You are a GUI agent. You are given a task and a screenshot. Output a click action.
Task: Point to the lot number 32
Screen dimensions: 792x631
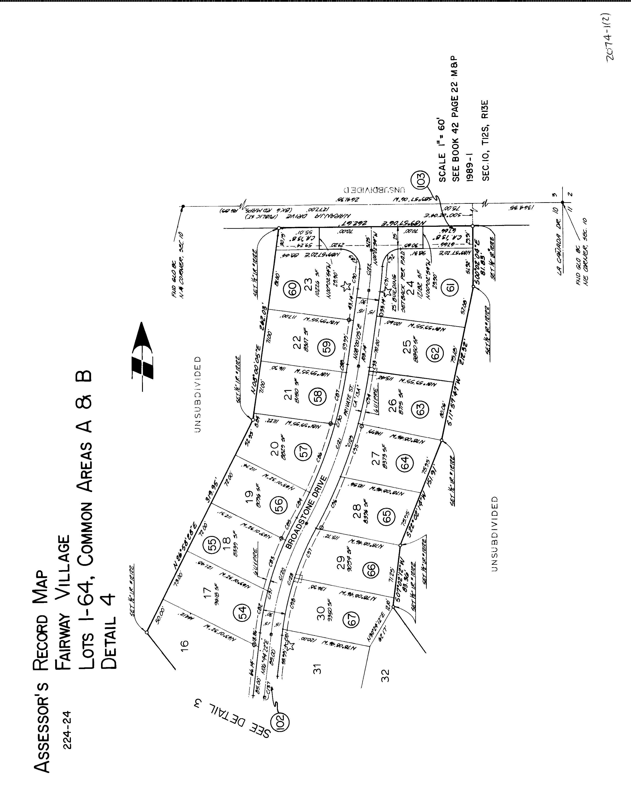[385, 675]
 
